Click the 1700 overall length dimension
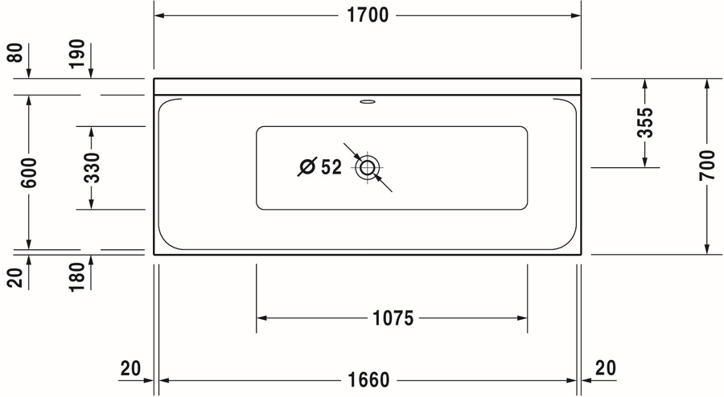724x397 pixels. (x=368, y=15)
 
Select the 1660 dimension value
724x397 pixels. (x=368, y=380)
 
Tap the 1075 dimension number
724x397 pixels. (x=393, y=318)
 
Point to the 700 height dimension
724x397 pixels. (x=707, y=165)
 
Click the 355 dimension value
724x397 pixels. (x=645, y=122)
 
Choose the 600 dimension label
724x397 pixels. (x=29, y=173)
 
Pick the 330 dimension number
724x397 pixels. (x=92, y=167)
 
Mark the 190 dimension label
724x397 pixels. (x=77, y=54)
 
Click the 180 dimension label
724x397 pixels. (x=77, y=276)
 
